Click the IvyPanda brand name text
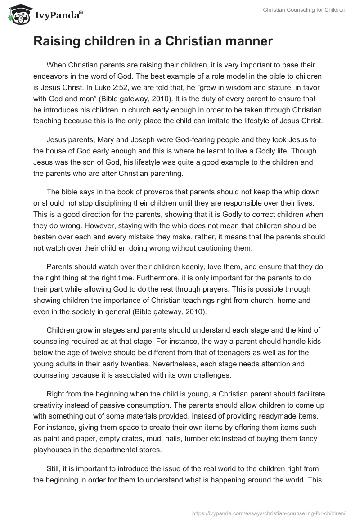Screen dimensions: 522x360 click(55, 16)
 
